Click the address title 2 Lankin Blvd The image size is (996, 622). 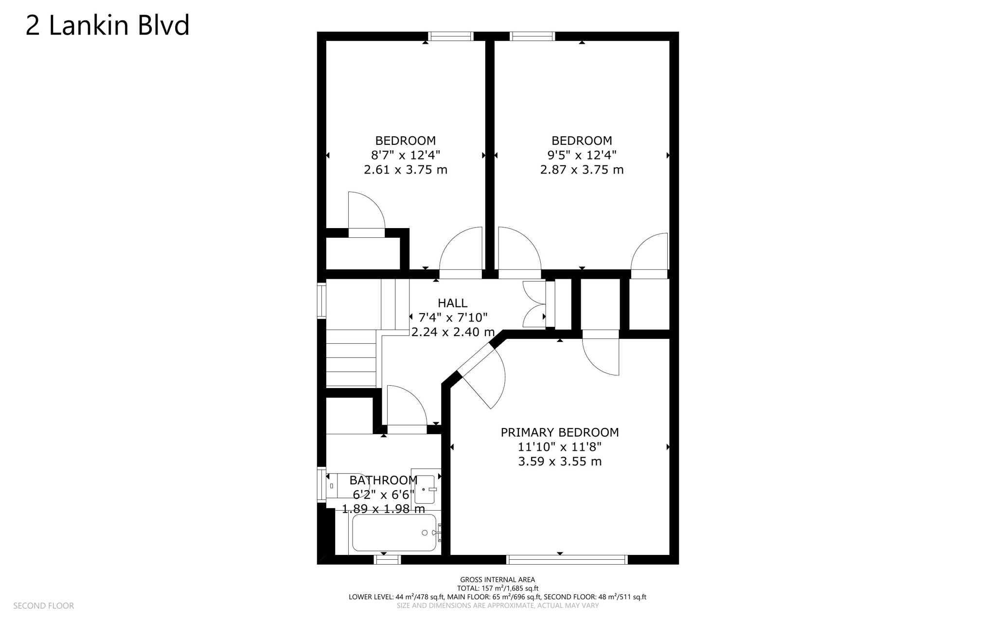point(107,25)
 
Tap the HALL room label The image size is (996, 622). point(452,303)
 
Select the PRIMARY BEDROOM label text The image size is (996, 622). point(559,432)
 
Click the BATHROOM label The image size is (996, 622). point(383,480)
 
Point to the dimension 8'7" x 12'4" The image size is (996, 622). point(405,155)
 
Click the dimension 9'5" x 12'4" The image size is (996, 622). point(582,155)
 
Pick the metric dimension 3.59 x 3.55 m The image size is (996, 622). point(559,461)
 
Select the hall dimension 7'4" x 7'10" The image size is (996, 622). point(452,318)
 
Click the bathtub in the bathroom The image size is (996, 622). point(394,533)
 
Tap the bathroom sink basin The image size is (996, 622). point(425,489)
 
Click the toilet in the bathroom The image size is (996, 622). point(346,485)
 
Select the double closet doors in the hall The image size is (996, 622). point(534,304)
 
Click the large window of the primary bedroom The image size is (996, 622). point(567,560)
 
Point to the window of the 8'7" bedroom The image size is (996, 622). point(450,36)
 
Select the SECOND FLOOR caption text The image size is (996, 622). point(43,605)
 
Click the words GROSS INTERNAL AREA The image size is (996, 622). point(497,579)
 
